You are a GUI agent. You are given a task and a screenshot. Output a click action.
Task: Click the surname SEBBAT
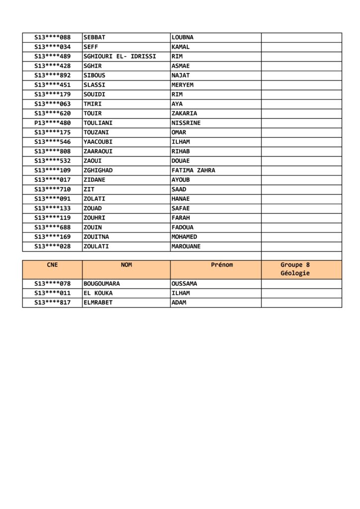pyautogui.click(x=94, y=37)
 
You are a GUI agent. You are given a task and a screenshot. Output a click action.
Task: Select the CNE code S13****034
pyautogui.click(x=52, y=47)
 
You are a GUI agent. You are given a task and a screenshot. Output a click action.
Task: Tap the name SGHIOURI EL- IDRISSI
pyautogui.click(x=120, y=56)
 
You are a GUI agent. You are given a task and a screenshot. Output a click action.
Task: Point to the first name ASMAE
pyautogui.click(x=180, y=66)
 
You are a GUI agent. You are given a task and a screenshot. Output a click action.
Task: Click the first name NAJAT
pyautogui.click(x=180, y=75)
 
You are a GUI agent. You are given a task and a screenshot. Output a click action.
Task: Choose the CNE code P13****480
pyautogui.click(x=52, y=123)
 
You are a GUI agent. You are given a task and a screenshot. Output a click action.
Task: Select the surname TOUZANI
pyautogui.click(x=96, y=132)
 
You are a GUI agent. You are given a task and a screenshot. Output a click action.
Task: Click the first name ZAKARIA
pyautogui.click(x=184, y=113)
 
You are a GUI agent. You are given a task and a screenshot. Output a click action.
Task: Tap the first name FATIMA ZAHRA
pyautogui.click(x=193, y=170)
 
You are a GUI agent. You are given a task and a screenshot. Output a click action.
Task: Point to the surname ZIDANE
pyautogui.click(x=94, y=179)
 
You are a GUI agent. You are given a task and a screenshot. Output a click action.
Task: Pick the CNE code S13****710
pyautogui.click(x=52, y=189)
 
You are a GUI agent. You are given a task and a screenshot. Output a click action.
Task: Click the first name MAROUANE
pyautogui.click(x=186, y=246)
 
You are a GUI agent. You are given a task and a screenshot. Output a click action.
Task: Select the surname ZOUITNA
pyautogui.click(x=96, y=237)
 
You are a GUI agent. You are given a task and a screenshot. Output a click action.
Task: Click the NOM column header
pyautogui.click(x=126, y=265)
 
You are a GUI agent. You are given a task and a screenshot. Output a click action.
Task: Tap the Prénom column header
pyautogui.click(x=222, y=265)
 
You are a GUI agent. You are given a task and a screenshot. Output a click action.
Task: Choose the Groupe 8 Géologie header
pyautogui.click(x=295, y=269)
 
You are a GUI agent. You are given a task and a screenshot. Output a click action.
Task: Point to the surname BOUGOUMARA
pyautogui.click(x=101, y=283)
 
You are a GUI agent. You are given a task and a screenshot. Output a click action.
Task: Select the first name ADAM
pyautogui.click(x=179, y=302)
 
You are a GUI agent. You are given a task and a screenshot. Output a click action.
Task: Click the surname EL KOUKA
pyautogui.click(x=98, y=293)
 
